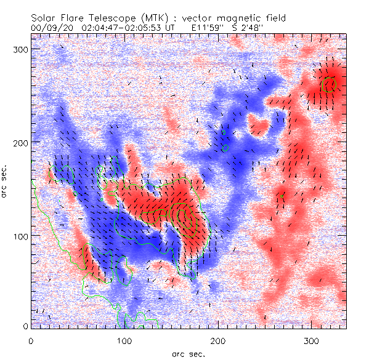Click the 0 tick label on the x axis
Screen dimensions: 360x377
31,340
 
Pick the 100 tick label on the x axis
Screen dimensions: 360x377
124,340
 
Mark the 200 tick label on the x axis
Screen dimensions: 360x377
218,340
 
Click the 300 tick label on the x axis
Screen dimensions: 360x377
312,340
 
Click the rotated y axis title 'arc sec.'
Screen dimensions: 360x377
6,180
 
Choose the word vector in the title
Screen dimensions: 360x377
197,18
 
